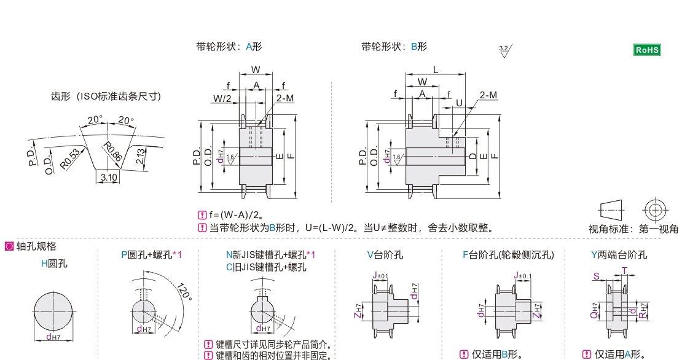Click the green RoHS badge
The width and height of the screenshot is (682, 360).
pos(646,50)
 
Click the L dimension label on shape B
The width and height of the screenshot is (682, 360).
pos(435,70)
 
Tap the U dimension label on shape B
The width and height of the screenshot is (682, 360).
pos(459,103)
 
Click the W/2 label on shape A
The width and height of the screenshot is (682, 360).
pos(222,98)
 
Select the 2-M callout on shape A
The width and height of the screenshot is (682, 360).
pos(284,98)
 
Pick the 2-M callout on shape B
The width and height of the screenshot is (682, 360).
pos(488,95)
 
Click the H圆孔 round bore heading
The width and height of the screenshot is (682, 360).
pos(54,264)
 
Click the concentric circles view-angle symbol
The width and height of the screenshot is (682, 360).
pos(655,209)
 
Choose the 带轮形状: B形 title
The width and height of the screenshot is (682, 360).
pos(394,47)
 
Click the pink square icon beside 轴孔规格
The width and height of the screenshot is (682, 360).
pos(9,246)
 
